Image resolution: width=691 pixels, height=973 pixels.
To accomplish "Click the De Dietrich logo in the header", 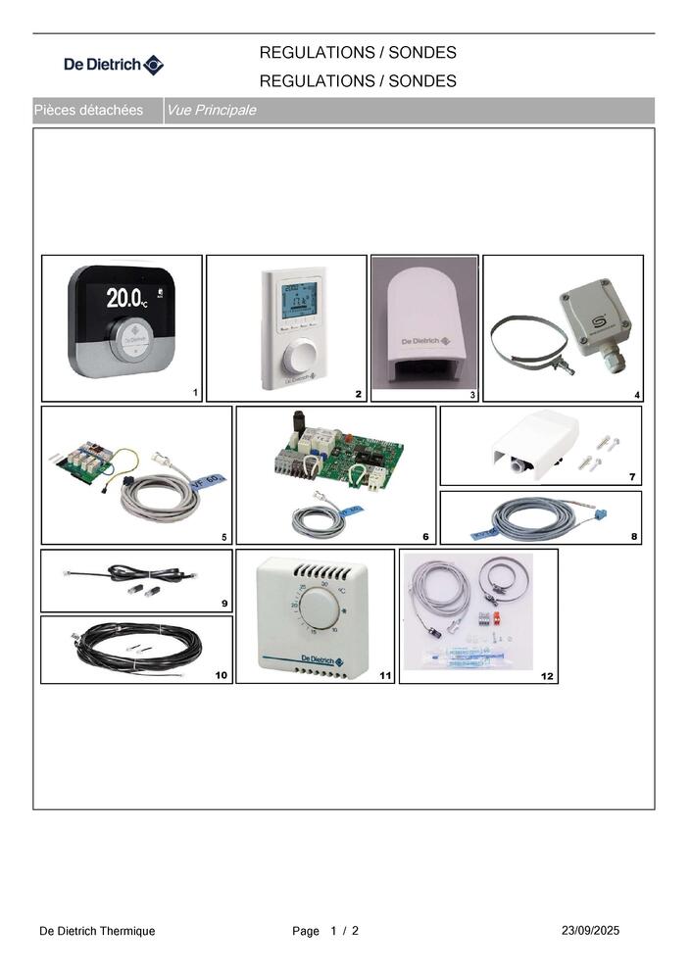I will coord(114,66).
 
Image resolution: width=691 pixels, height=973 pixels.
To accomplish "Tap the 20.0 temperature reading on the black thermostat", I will coord(125,295).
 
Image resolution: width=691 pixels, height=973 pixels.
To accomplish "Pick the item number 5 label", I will coord(224,537).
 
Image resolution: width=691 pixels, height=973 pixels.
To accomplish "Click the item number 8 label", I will coord(634,536).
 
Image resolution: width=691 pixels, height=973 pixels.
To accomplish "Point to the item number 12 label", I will coord(547,676).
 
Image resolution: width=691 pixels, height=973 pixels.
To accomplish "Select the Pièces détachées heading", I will coord(88,111).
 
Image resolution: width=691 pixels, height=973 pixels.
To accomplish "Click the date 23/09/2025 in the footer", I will coord(591,930).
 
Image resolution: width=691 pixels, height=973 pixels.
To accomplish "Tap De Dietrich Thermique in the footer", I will coord(97,931).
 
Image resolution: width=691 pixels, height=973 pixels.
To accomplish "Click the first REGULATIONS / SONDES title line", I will coord(358,53).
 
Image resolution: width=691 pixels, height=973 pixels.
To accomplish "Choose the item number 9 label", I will coord(224,604).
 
